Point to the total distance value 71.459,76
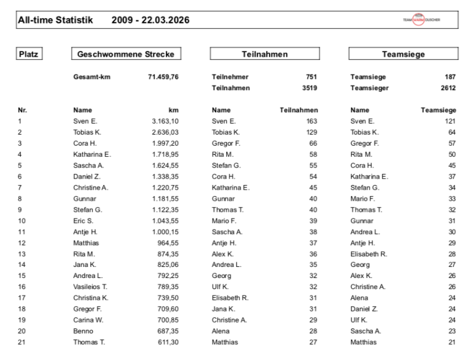pos(163,77)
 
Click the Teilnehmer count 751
pos(311,77)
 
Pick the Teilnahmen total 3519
pos(309,88)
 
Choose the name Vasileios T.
pos(90,287)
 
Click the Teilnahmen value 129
pos(312,132)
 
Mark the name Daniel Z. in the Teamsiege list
pos(364,308)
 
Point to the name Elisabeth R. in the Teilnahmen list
pos(230,298)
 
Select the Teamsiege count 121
pos(450,121)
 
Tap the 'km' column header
pos(173,109)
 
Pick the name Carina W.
pos(87,320)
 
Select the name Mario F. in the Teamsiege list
pos(363,198)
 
